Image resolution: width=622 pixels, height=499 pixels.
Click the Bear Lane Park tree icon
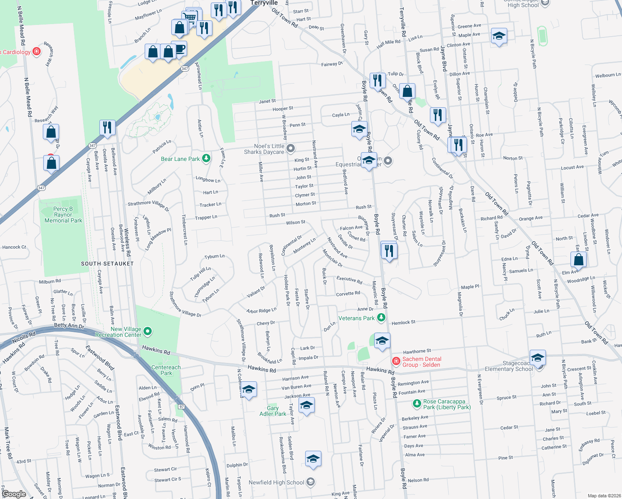pos(206,158)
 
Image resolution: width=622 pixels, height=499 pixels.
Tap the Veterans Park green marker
pos(381,318)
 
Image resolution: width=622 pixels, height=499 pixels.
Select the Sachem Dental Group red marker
pos(396,361)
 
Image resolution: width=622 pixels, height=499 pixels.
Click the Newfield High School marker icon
pos(310,482)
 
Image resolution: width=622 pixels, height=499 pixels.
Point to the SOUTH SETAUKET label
pos(107,264)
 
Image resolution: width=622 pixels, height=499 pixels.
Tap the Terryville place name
pos(264,3)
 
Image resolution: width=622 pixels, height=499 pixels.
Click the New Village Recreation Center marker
pos(148,332)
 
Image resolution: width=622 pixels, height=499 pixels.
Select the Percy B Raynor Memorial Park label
pos(63,215)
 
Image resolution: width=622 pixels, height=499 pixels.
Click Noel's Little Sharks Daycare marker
pos(291,148)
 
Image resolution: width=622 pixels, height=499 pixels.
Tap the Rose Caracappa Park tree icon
pos(417,404)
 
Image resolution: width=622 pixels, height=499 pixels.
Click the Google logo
pos(14,494)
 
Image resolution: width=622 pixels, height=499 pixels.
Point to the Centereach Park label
pos(166,370)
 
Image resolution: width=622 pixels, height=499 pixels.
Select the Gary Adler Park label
pos(273,411)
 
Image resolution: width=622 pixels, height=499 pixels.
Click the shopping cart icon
pos(190,17)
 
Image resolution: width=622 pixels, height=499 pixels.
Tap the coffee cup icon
pos(179,49)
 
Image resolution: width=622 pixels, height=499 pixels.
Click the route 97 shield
pos(181,406)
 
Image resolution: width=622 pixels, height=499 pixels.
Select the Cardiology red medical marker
pos(37,52)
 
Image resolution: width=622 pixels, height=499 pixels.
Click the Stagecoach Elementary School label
pos(508,366)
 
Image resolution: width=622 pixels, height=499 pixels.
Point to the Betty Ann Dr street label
pos(69,326)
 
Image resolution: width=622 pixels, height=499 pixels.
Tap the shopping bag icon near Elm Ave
pos(578,260)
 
